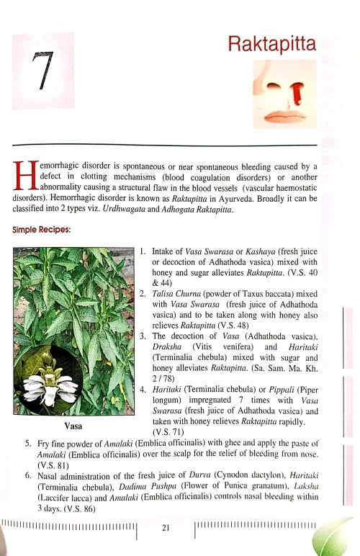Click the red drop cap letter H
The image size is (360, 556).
(x=25, y=179)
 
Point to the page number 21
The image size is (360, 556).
(x=166, y=528)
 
